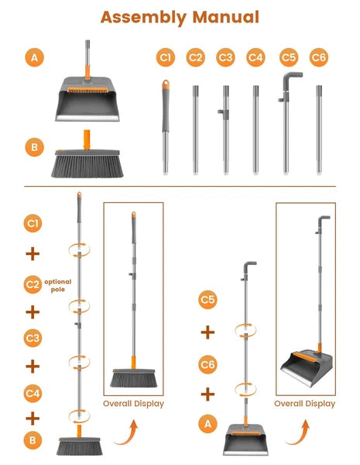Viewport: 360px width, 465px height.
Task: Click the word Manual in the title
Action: tap(225, 16)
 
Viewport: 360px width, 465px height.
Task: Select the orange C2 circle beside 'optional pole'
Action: tap(33, 284)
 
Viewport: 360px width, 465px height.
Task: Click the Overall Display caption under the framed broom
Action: tap(132, 403)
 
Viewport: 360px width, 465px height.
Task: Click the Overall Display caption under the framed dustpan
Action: tap(305, 403)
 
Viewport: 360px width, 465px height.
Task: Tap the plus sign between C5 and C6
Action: tap(207, 332)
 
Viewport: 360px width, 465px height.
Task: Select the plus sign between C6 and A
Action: tap(207, 394)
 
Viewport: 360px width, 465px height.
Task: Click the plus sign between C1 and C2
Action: tap(33, 253)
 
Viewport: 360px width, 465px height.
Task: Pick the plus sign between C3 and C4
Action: tap(33, 365)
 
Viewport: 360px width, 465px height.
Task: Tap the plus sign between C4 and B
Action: tap(33, 418)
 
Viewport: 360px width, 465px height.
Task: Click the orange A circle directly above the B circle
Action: tap(33, 57)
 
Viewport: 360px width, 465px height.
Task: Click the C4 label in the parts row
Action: tap(255, 57)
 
